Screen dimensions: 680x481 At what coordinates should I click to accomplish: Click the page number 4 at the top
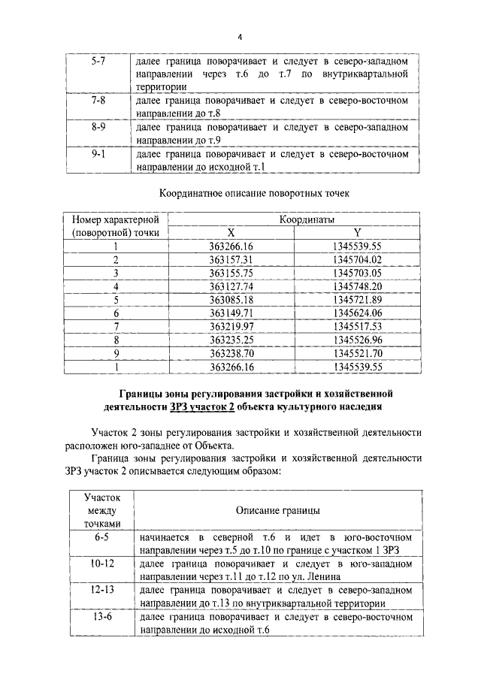coord(239,38)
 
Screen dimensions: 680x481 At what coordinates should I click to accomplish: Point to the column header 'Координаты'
coord(307,219)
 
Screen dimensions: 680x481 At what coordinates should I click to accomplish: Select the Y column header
coord(357,233)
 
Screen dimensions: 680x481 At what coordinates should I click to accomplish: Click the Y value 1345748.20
coord(357,286)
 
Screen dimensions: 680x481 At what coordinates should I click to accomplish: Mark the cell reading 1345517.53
coord(357,326)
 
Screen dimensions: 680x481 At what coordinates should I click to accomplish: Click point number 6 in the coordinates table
coord(116,313)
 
